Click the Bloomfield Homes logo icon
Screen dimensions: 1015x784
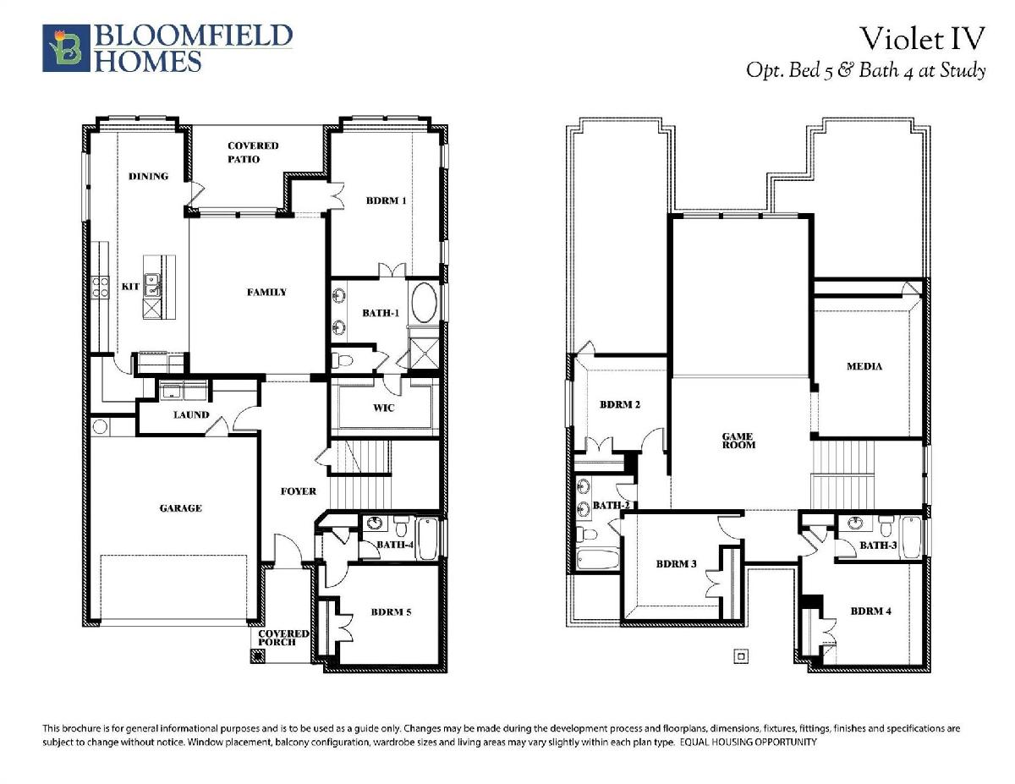(66, 48)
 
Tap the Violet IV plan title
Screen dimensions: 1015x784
(923, 39)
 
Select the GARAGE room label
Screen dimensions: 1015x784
(181, 508)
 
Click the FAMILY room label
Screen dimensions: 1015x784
(266, 293)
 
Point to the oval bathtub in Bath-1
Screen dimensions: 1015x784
(424, 303)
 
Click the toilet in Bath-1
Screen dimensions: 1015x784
(342, 360)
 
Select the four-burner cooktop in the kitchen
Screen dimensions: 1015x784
(100, 287)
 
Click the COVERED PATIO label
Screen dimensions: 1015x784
(253, 152)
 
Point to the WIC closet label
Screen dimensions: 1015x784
(383, 408)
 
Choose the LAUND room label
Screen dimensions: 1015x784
(191, 414)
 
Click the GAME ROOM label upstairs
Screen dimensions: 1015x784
(738, 441)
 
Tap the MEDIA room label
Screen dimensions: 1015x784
(864, 366)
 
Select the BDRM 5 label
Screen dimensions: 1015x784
(392, 611)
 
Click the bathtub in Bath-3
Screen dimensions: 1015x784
(911, 537)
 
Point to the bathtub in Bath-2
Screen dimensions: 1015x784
(598, 559)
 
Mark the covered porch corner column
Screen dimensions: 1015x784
(257, 656)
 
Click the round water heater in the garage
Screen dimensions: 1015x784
(100, 426)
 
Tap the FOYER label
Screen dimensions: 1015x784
(299, 491)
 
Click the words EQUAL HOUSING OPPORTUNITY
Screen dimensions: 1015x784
(749, 742)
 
